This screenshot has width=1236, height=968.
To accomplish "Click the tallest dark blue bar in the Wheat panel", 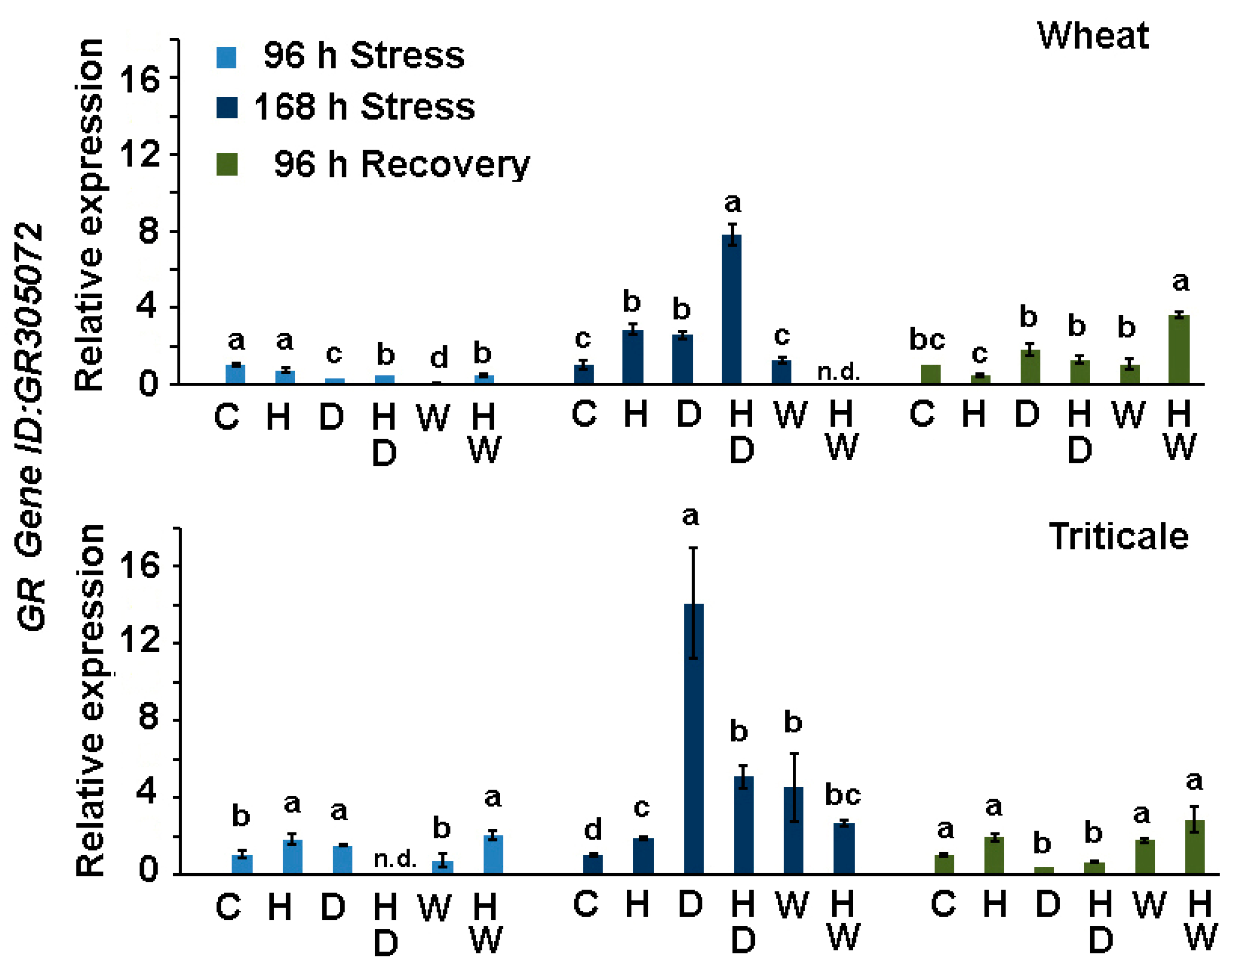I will [x=731, y=310].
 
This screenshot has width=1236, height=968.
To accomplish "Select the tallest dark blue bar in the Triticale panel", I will [x=694, y=739].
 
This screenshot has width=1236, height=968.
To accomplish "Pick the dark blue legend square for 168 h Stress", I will [x=227, y=107].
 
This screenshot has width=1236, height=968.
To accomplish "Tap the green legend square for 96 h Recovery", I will [x=227, y=164].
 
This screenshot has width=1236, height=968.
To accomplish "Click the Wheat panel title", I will [x=1093, y=36].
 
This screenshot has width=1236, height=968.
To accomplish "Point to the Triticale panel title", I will [x=1118, y=536].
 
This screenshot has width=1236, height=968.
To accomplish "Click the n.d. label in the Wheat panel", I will [x=838, y=372].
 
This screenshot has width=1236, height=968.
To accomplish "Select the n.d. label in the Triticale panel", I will [x=395, y=859].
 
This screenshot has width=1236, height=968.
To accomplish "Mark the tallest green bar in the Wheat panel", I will [x=1179, y=350].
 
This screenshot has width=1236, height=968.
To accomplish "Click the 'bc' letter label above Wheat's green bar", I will [x=927, y=339].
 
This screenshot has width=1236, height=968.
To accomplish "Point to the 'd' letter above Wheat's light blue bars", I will [x=438, y=358].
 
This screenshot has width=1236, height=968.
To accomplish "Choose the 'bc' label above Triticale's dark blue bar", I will [x=843, y=795].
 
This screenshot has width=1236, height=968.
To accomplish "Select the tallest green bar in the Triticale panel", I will [x=1194, y=847].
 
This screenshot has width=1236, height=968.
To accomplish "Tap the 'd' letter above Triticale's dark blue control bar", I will [x=593, y=830].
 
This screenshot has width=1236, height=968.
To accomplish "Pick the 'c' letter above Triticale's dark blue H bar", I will [x=641, y=808].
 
